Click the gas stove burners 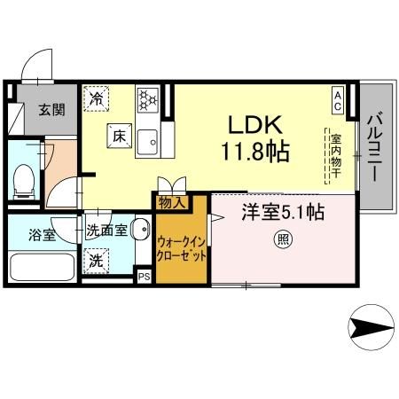pyautogui.click(x=147, y=96)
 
